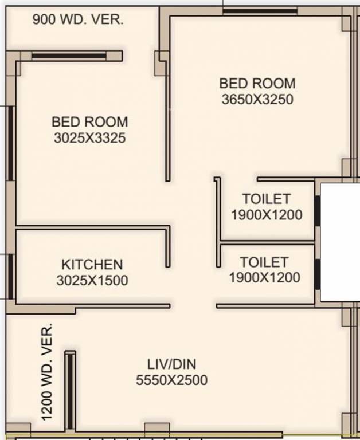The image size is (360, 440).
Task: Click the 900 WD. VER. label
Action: tap(77, 20)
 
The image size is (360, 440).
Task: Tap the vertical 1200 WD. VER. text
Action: tap(48, 371)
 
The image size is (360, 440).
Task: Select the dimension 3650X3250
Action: tap(257, 99)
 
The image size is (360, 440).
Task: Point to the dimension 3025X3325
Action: tap(90, 137)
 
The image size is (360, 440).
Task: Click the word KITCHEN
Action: tap(92, 264)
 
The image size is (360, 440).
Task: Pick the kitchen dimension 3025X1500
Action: tap(92, 280)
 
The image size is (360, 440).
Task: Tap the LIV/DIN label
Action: tap(172, 364)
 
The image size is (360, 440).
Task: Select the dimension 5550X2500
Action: tap(171, 380)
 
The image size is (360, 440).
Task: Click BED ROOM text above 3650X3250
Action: tap(257, 83)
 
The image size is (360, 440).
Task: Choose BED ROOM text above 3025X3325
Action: tap(90, 121)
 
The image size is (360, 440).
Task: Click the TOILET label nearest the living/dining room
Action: tap(264, 262)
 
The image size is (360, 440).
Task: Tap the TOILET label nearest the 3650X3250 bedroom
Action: tap(266, 199)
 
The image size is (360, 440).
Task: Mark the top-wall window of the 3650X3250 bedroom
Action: tap(260, 10)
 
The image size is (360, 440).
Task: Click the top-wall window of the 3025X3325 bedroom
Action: tap(69, 56)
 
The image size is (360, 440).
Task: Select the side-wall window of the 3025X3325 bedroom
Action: tap(10, 143)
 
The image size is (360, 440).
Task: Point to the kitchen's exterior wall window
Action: tap(10, 276)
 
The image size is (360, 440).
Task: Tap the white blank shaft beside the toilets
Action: tap(340, 242)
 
